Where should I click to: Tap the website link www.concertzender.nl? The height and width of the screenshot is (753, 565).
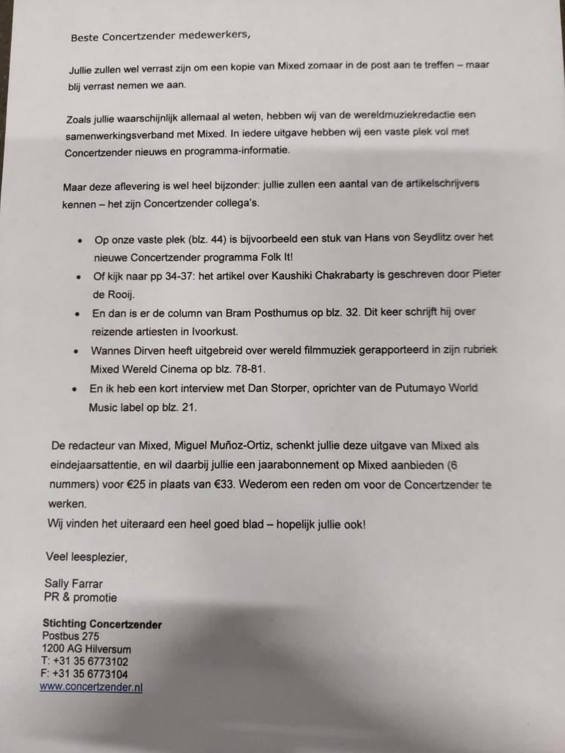(x=90, y=687)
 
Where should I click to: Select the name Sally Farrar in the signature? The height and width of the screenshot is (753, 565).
(x=75, y=584)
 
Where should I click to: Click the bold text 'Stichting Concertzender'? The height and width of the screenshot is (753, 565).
(x=102, y=624)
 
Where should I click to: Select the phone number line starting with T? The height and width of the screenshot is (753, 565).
(x=85, y=661)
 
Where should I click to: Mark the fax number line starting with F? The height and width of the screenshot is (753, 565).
(x=85, y=674)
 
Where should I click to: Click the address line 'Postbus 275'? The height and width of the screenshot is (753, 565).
(x=71, y=636)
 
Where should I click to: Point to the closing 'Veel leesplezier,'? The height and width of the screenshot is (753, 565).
(x=86, y=557)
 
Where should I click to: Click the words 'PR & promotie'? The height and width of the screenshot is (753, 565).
(x=80, y=597)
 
